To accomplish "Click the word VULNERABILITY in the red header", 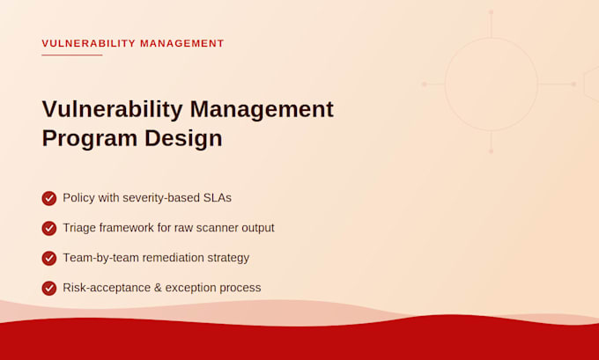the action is (89, 43).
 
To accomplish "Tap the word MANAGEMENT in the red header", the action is (181, 43).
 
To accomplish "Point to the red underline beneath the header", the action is (72, 55).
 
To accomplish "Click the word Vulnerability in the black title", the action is (113, 109).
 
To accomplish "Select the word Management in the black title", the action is (262, 109).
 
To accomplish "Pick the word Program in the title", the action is (90, 138).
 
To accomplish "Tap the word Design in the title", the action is (183, 138).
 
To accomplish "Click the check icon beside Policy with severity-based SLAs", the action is (49, 199).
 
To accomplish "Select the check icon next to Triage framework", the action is (49, 228).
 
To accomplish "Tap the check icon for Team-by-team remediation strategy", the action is (49, 259).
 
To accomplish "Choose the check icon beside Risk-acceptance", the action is (49, 288).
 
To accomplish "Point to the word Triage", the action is (79, 228).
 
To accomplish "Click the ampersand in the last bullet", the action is (158, 288).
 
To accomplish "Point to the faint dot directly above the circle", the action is (491, 12).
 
